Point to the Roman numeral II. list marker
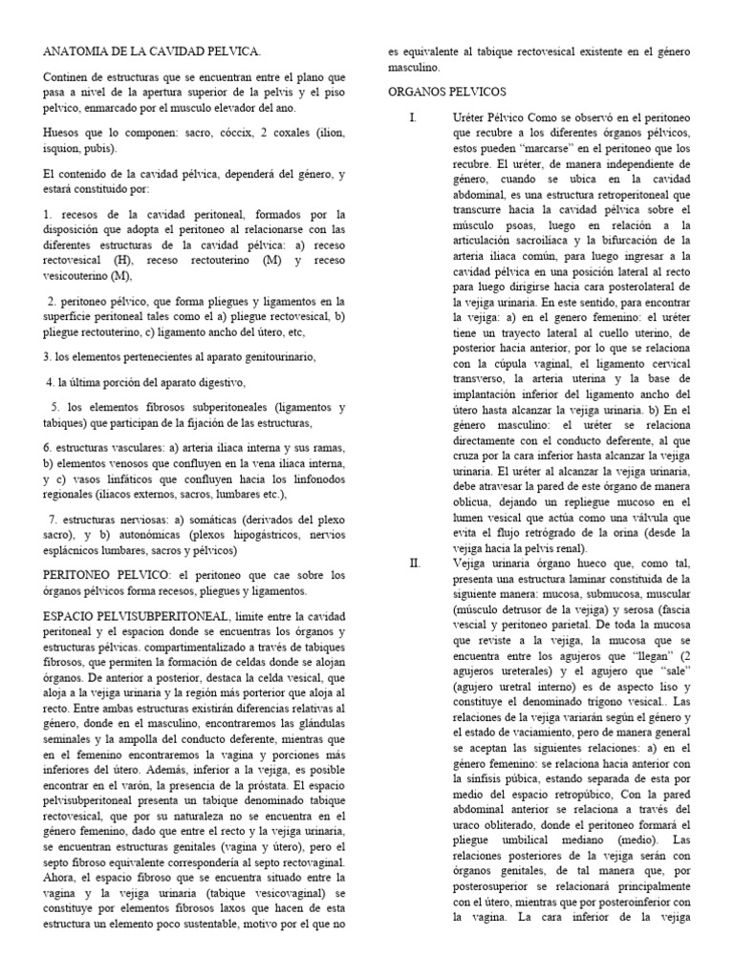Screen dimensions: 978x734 [x=414, y=563]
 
